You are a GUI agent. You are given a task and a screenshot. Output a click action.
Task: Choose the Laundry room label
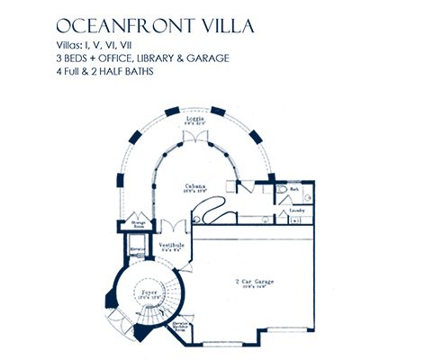295,212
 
